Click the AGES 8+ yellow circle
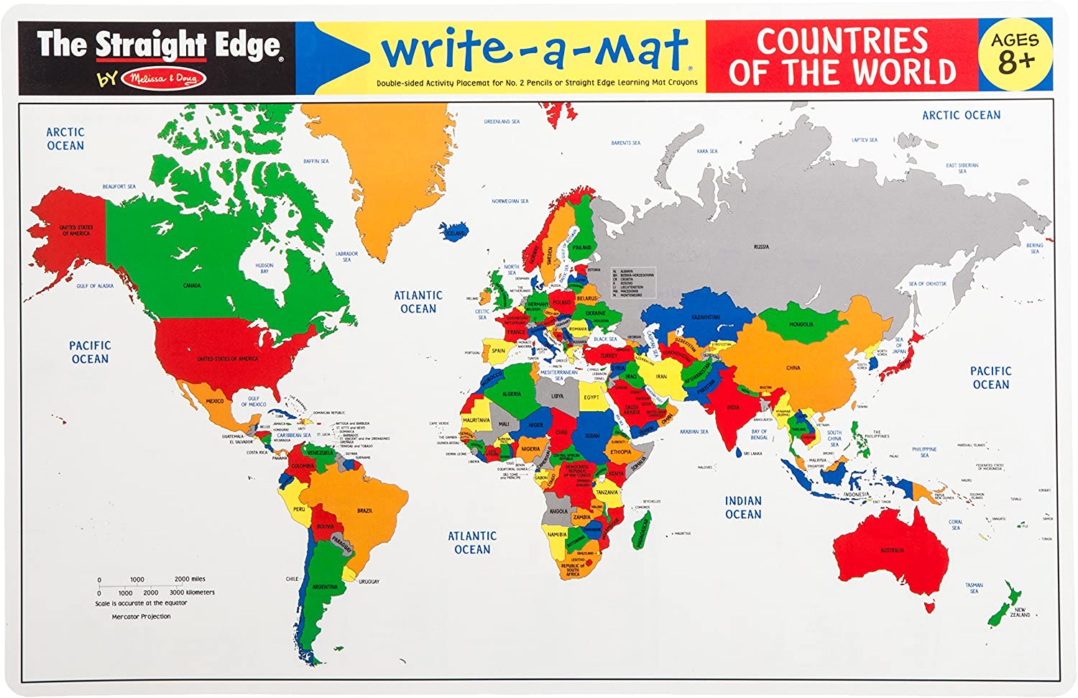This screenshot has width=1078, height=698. [1015, 55]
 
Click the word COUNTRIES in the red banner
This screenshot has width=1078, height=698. [842, 41]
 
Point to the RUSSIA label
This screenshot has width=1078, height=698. [761, 247]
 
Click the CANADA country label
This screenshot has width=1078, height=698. [192, 285]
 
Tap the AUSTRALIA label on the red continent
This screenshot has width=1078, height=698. [892, 551]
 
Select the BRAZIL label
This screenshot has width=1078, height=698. [364, 510]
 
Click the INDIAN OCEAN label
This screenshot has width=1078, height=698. [743, 508]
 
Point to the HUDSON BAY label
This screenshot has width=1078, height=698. [264, 268]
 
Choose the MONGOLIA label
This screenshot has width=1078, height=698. [801, 324]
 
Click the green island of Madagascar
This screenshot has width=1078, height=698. [642, 528]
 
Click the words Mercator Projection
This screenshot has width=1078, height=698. [141, 616]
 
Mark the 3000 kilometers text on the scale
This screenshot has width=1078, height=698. [192, 592]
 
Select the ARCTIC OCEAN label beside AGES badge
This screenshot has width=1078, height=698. [961, 115]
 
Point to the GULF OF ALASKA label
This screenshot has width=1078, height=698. [95, 286]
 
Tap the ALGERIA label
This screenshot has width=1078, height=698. [512, 394]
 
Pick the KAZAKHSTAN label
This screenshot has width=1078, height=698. [706, 317]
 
